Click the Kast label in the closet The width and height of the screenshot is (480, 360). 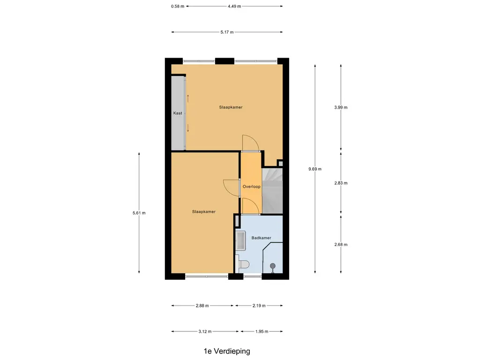pyautogui.click(x=178, y=113)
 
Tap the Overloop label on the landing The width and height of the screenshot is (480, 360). pyautogui.click(x=251, y=187)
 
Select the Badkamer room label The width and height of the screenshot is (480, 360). pyautogui.click(x=261, y=238)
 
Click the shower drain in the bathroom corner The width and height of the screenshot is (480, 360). pyautogui.click(x=272, y=267)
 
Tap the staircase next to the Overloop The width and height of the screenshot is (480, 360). pyautogui.click(x=272, y=190)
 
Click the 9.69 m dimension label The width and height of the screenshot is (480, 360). pyautogui.click(x=315, y=169)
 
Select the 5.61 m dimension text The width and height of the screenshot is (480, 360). pyautogui.click(x=139, y=213)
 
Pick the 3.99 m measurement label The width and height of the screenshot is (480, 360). pyautogui.click(x=340, y=107)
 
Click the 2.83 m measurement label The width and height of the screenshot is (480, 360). pyautogui.click(x=340, y=183)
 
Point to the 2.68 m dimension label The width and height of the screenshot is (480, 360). pyautogui.click(x=340, y=244)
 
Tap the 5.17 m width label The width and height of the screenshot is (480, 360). pyautogui.click(x=227, y=32)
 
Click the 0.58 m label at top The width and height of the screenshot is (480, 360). pyautogui.click(x=178, y=6)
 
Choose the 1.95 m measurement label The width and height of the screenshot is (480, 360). pyautogui.click(x=262, y=331)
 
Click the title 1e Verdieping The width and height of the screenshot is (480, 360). pyautogui.click(x=227, y=351)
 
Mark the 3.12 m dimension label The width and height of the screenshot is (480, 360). pyautogui.click(x=205, y=331)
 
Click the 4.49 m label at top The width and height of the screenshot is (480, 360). pyautogui.click(x=234, y=6)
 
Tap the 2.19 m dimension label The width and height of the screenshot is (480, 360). pyautogui.click(x=259, y=306)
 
